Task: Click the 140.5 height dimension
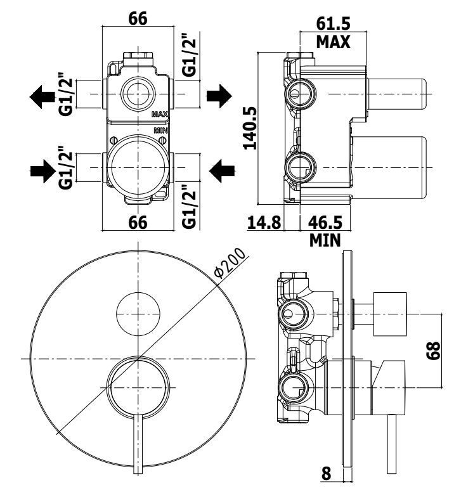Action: click(x=250, y=128)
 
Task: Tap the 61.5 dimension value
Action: click(x=334, y=23)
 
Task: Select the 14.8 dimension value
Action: click(x=264, y=222)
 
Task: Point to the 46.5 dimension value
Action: click(x=325, y=222)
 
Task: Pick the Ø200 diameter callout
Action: click(x=230, y=262)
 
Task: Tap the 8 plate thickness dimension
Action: click(x=326, y=474)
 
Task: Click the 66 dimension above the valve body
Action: click(x=138, y=19)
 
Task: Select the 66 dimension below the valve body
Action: click(x=138, y=222)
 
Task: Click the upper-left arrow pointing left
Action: click(x=42, y=96)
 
